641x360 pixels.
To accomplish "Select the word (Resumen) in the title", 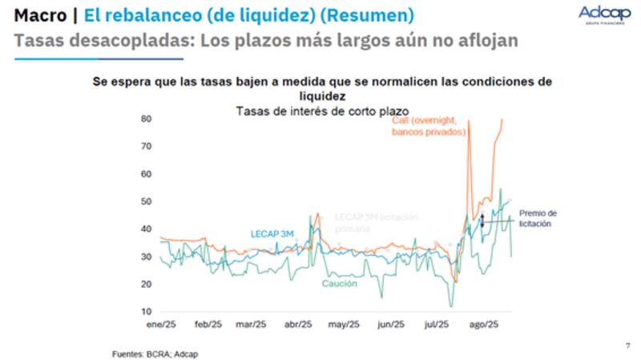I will coord(369,15).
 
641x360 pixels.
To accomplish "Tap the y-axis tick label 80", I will coord(146,119).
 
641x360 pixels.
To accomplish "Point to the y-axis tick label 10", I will coord(146,311).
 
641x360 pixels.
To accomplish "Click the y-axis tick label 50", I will coord(146,201).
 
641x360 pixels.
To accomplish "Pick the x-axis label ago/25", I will coord(483,325).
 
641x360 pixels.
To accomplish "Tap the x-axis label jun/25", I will coord(390,325).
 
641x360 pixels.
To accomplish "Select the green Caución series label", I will coord(340,284).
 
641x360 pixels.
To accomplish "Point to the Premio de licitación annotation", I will coord(538,218).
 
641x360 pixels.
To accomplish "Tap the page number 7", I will coord(627,346).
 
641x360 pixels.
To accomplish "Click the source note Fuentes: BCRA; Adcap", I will coord(154,354).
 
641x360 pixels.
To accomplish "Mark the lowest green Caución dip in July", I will coord(452,305).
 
